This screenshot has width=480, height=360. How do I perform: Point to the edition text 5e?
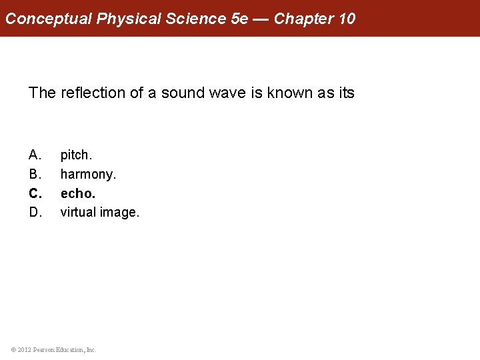pyautogui.click(x=239, y=18)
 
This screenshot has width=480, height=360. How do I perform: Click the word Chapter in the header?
pyautogui.click(x=303, y=18)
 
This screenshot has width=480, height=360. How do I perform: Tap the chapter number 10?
pyautogui.click(x=347, y=18)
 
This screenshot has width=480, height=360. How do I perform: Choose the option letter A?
pyautogui.click(x=35, y=155)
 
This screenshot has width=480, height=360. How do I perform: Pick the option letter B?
pyautogui.click(x=35, y=175)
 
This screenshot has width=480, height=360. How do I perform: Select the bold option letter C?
pyautogui.click(x=36, y=194)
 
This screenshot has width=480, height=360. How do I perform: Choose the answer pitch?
pyautogui.click(x=77, y=155)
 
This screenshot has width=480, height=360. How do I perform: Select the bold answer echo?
pyautogui.click(x=78, y=194)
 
